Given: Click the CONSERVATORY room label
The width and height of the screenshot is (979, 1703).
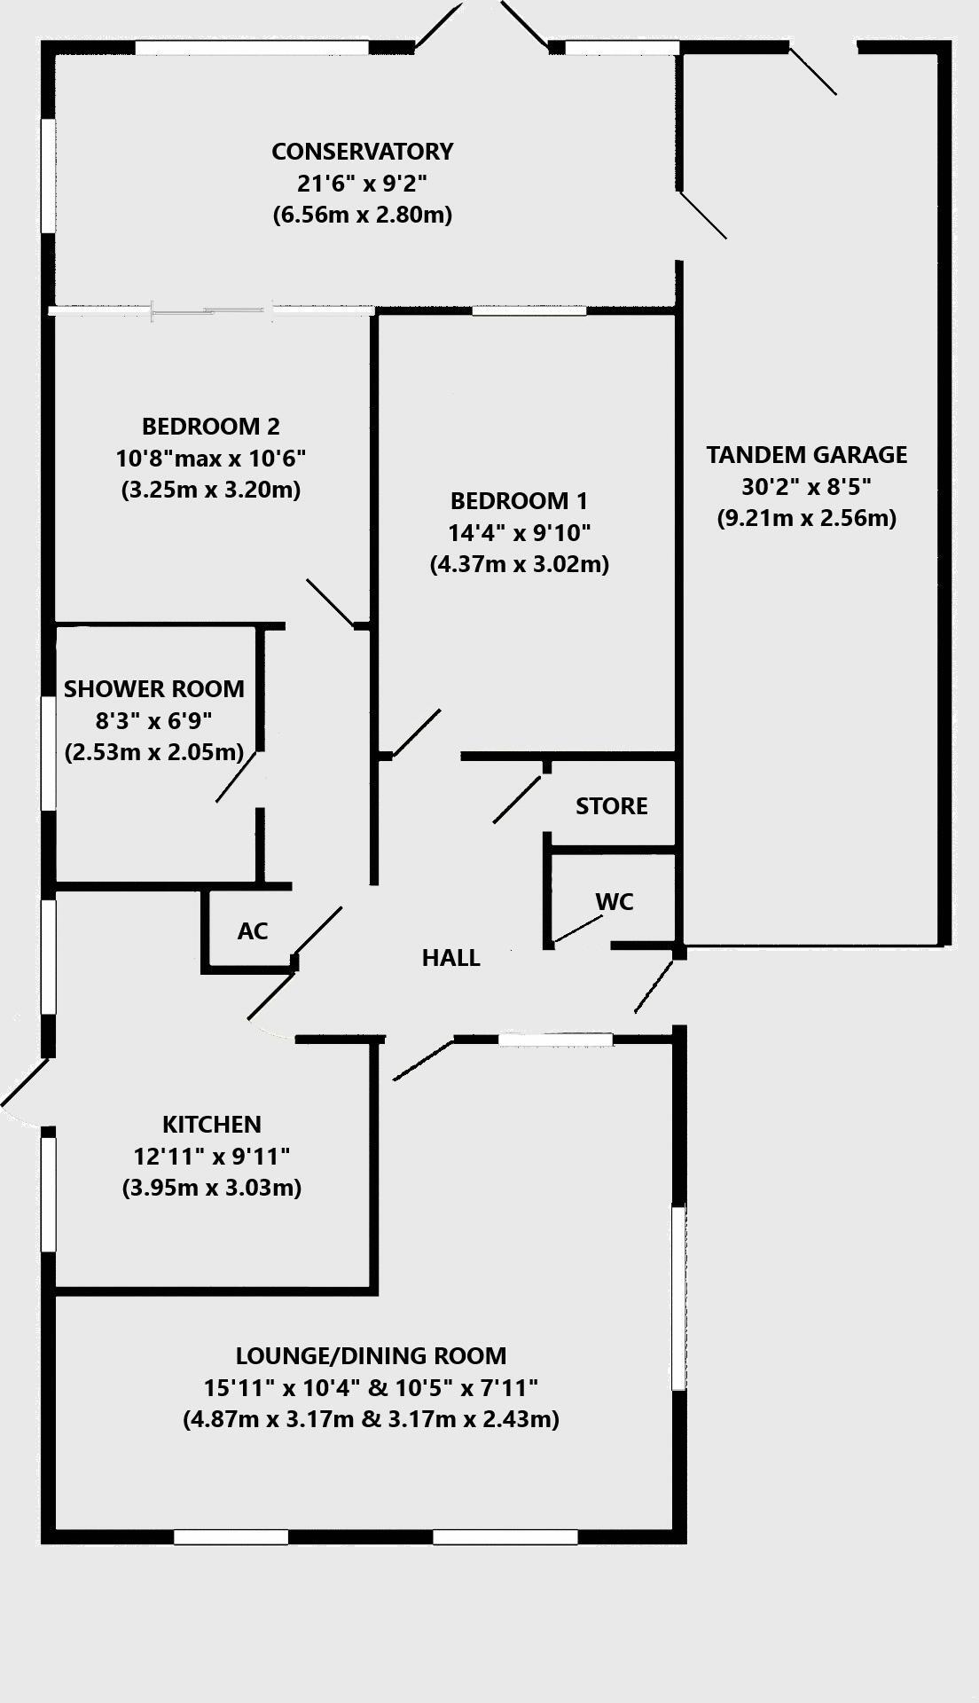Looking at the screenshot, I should [362, 152].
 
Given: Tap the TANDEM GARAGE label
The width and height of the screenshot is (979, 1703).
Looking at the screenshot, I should [806, 455].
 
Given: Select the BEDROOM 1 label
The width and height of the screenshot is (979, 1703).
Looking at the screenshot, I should [519, 501].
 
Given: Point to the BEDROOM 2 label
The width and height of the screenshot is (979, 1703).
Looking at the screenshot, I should [211, 427].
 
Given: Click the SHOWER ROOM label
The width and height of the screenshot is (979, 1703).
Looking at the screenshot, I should [153, 689].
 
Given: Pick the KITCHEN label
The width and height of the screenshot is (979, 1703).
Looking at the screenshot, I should [211, 1125].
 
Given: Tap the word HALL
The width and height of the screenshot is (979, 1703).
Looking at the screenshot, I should [450, 958].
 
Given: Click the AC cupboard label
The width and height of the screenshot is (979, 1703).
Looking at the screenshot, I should [253, 931].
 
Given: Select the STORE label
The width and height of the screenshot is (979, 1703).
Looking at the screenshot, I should [611, 806].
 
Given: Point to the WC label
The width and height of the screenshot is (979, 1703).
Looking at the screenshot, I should [615, 902].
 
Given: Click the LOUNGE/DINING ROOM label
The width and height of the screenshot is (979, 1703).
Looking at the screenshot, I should [371, 1355].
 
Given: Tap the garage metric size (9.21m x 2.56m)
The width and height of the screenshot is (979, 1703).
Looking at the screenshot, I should [806, 518].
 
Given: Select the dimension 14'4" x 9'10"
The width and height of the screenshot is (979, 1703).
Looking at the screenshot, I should [519, 533].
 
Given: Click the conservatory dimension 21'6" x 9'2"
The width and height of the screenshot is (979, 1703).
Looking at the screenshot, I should [362, 184].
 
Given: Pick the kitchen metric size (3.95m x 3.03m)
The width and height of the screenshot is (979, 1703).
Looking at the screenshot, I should [211, 1188].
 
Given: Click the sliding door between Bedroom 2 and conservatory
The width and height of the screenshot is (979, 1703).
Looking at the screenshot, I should [211, 310].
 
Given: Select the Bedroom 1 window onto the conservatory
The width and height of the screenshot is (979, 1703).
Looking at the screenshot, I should [529, 310].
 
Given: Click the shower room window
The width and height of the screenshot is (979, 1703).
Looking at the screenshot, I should [48, 753].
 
